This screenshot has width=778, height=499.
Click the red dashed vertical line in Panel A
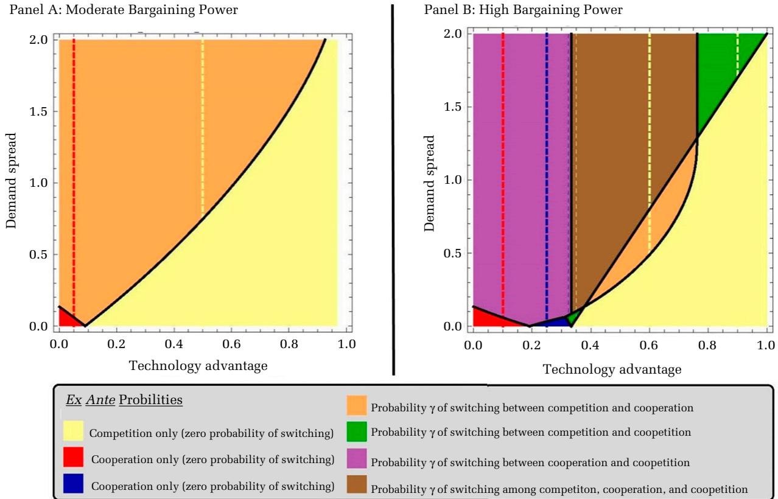tap(74, 152)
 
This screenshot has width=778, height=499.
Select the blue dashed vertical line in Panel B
tap(547, 152)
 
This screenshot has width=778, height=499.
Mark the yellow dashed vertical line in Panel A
tap(203, 122)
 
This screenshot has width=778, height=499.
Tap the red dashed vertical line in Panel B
tap(503, 152)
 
